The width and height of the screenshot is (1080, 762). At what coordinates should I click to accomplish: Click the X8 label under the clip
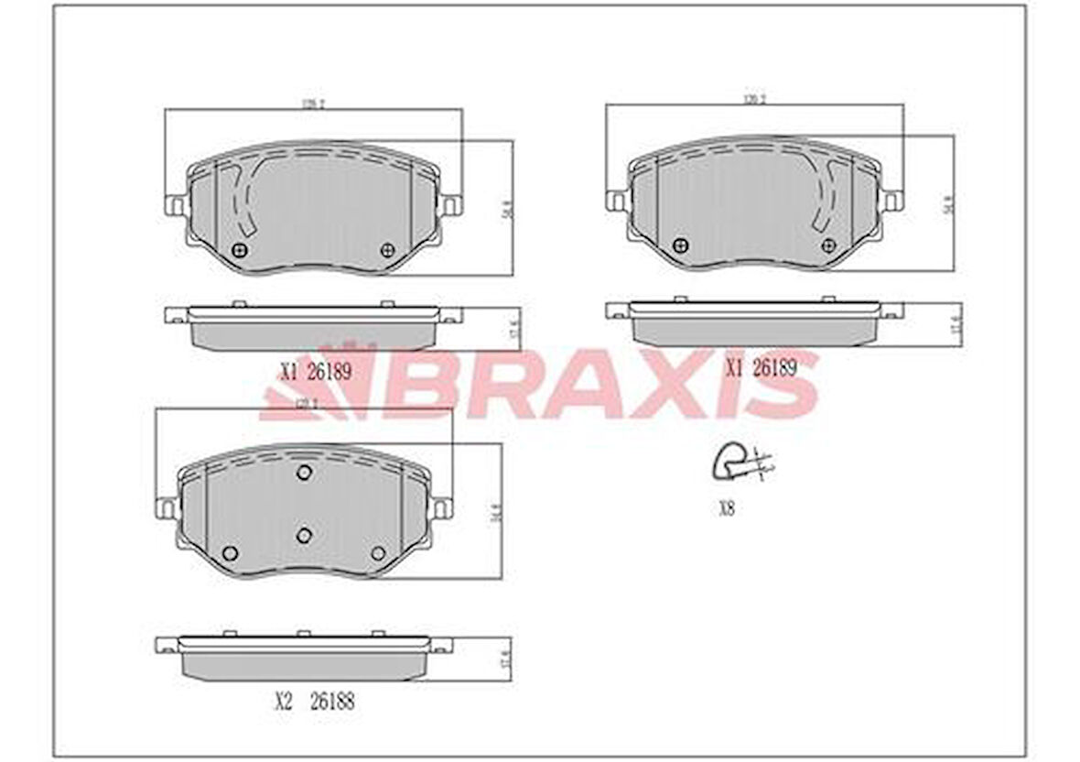pyautogui.click(x=726, y=510)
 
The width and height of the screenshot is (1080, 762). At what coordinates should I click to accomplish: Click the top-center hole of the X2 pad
pyautogui.click(x=305, y=472)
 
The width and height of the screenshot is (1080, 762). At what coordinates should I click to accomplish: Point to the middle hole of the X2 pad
pyautogui.click(x=305, y=535)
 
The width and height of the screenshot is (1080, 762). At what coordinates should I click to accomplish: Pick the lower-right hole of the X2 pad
pyautogui.click(x=379, y=552)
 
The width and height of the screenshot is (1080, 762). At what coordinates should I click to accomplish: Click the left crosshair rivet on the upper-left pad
pyautogui.click(x=241, y=250)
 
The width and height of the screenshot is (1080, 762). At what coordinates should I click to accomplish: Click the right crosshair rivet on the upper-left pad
pyautogui.click(x=387, y=250)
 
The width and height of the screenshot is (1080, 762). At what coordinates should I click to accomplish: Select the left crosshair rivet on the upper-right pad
pyautogui.click(x=680, y=245)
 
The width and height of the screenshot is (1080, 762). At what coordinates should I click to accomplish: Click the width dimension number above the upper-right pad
pyautogui.click(x=754, y=98)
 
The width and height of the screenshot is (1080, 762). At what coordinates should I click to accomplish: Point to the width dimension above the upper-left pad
pyautogui.click(x=313, y=103)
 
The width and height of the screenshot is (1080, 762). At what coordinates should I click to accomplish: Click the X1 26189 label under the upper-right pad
pyautogui.click(x=761, y=367)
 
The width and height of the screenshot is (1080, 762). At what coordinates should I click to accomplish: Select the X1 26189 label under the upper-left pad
pyautogui.click(x=314, y=371)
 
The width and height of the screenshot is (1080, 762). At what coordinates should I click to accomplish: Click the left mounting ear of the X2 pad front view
pyautogui.click(x=167, y=506)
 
